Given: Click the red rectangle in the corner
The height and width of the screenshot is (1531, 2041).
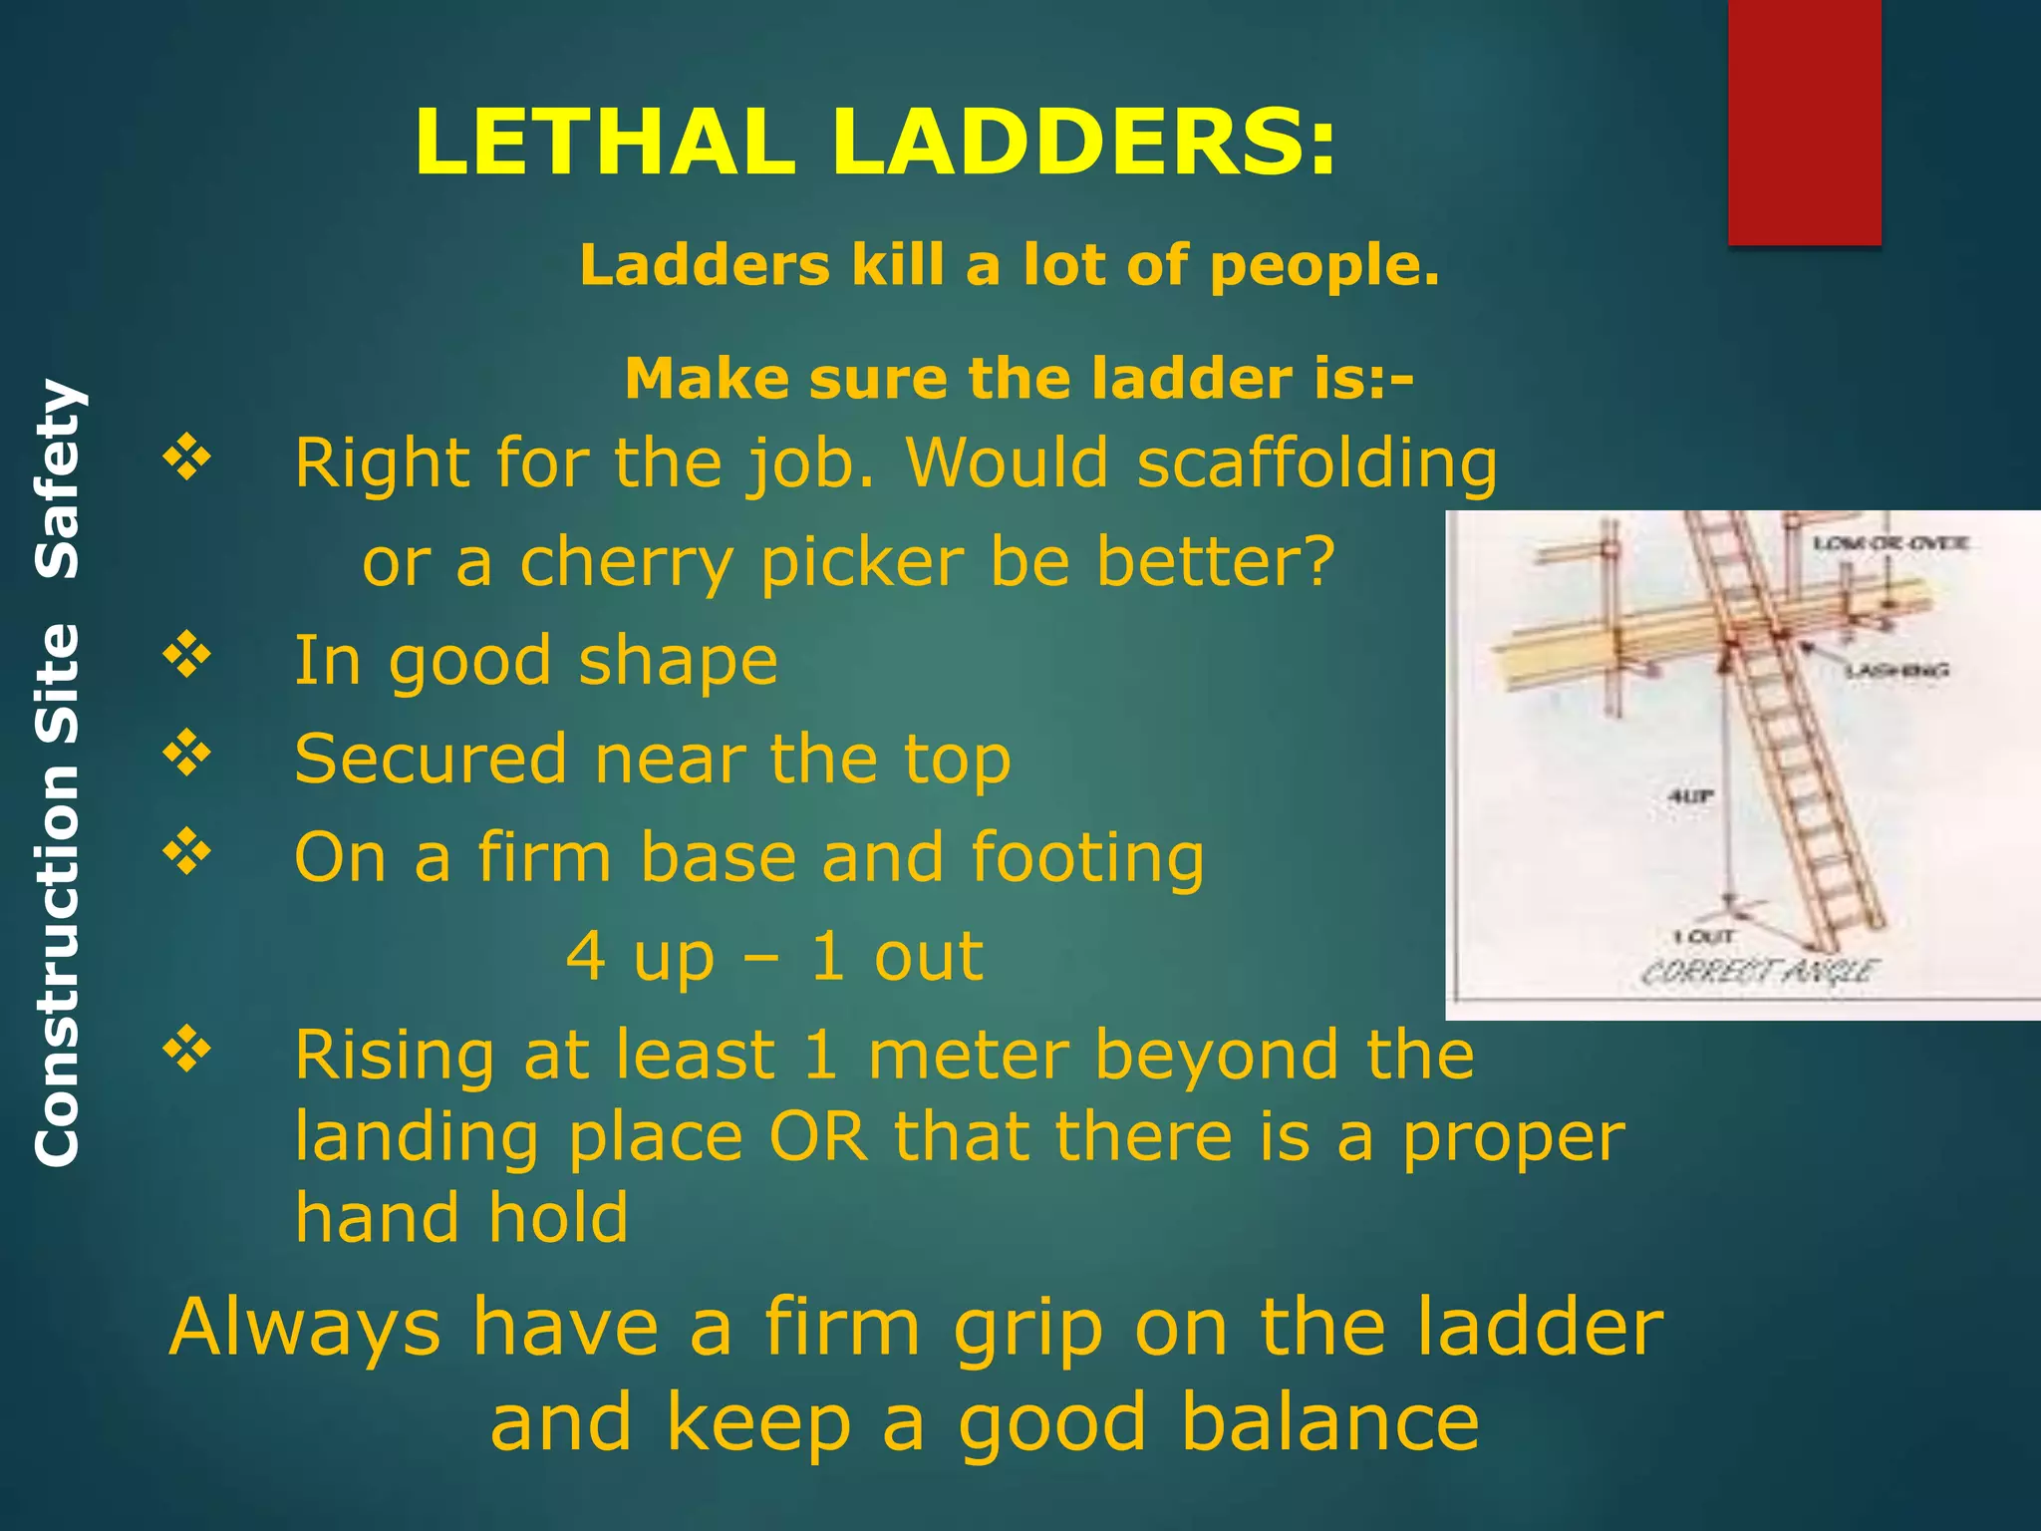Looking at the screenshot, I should tap(1804, 122).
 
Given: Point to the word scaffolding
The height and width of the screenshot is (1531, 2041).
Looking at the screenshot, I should tap(1316, 464).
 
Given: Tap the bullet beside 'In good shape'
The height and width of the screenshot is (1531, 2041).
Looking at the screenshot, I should tap(187, 656).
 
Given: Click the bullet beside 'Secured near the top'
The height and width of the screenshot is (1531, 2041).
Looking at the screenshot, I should tap(187, 754).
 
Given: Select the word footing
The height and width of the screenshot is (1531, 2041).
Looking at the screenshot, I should tap(1087, 857).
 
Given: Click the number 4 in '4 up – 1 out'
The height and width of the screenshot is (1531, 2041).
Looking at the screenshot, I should tap(586, 956).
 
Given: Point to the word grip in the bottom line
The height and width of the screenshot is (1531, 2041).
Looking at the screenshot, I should tap(1026, 1329).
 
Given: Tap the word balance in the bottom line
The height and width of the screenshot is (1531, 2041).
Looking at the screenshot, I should tap(1329, 1423).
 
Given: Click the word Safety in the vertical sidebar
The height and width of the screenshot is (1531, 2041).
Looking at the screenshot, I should tap(57, 479).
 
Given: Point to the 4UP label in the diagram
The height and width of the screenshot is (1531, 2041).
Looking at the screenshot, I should tap(1691, 795).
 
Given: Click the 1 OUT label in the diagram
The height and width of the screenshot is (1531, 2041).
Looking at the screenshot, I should tap(1705, 936).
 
